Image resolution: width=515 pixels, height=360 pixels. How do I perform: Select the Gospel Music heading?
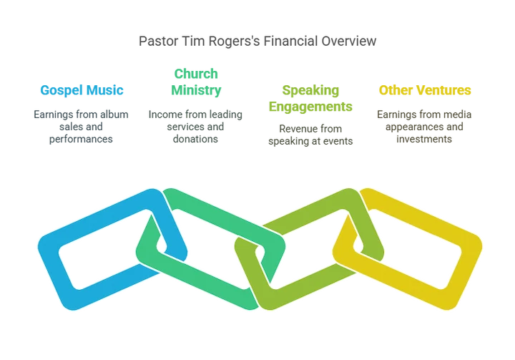tap(82, 90)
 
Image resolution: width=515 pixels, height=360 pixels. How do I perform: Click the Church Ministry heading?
tap(196, 82)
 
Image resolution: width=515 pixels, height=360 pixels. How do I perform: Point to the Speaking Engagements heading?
tap(310, 98)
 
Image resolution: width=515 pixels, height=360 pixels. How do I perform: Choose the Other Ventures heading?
tap(425, 90)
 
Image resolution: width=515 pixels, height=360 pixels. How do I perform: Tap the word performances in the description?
tap(81, 139)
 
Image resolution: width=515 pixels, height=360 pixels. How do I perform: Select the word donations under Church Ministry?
tap(195, 139)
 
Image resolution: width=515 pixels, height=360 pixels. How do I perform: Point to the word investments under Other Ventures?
tap(424, 139)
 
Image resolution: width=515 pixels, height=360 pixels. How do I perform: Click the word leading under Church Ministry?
tap(225, 115)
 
